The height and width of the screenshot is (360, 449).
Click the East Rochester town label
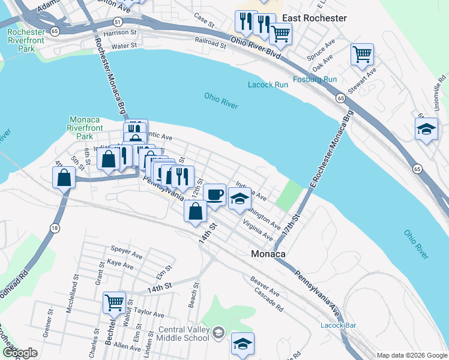pyautogui.click(x=315, y=18)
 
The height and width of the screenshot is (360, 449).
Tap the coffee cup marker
pyautogui.click(x=214, y=194)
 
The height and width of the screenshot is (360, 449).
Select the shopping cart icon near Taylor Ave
pyautogui.click(x=114, y=303)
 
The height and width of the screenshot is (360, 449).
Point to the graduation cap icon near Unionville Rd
pyautogui.click(x=426, y=129)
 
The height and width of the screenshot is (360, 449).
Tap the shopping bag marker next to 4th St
pyautogui.click(x=64, y=178)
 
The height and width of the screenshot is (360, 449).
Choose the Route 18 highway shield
pyautogui.click(x=55, y=227)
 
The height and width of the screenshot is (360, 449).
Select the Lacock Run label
pyautogui.click(x=268, y=85)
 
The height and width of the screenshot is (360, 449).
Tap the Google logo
pyautogui.click(x=19, y=353)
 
